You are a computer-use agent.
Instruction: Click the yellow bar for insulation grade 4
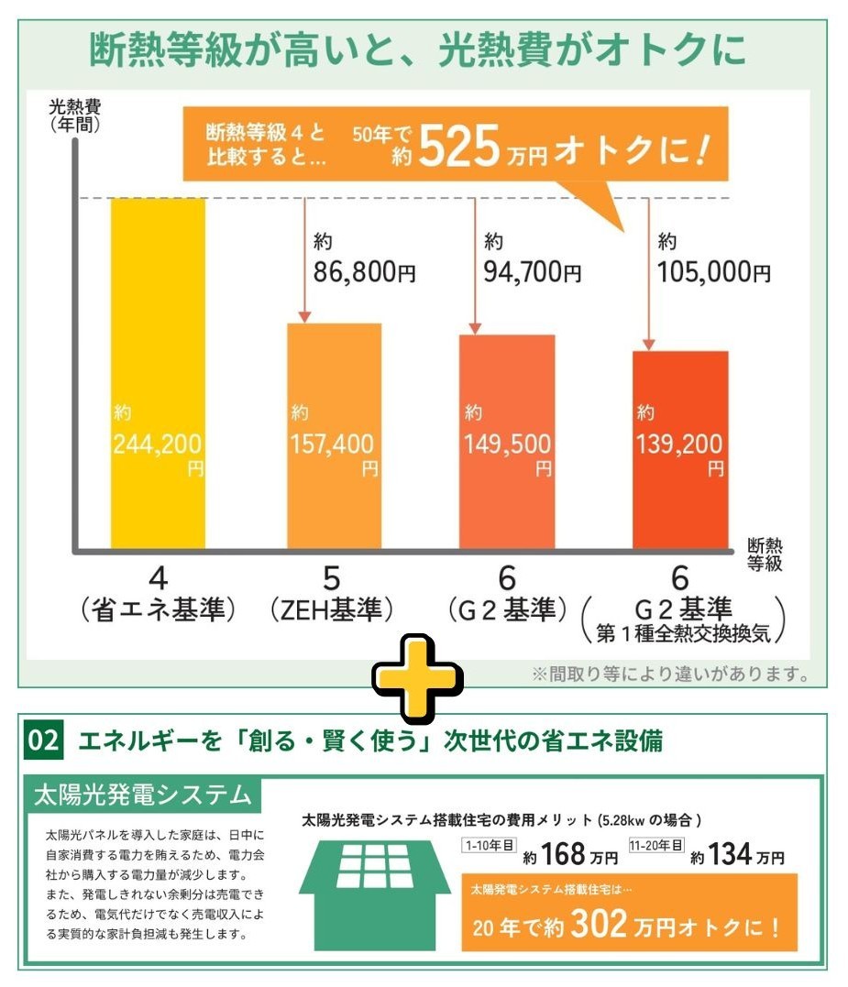(158, 374)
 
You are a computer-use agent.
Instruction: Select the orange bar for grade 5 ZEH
(335, 436)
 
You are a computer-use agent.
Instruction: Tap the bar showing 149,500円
(507, 442)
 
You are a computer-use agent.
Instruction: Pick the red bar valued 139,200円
(680, 450)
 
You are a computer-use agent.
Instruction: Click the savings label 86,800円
(365, 272)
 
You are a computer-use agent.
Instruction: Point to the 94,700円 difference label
(532, 272)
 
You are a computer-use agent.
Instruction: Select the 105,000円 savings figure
(714, 272)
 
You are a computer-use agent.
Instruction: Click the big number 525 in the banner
(459, 147)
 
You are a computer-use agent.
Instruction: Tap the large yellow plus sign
(417, 679)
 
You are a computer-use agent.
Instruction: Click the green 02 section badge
(43, 740)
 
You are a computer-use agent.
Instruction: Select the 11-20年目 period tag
(656, 845)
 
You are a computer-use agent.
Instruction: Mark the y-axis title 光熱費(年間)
(75, 115)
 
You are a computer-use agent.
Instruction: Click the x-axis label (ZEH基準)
(332, 609)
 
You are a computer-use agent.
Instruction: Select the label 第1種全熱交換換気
(684, 632)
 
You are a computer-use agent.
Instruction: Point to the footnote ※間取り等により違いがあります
(671, 674)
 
